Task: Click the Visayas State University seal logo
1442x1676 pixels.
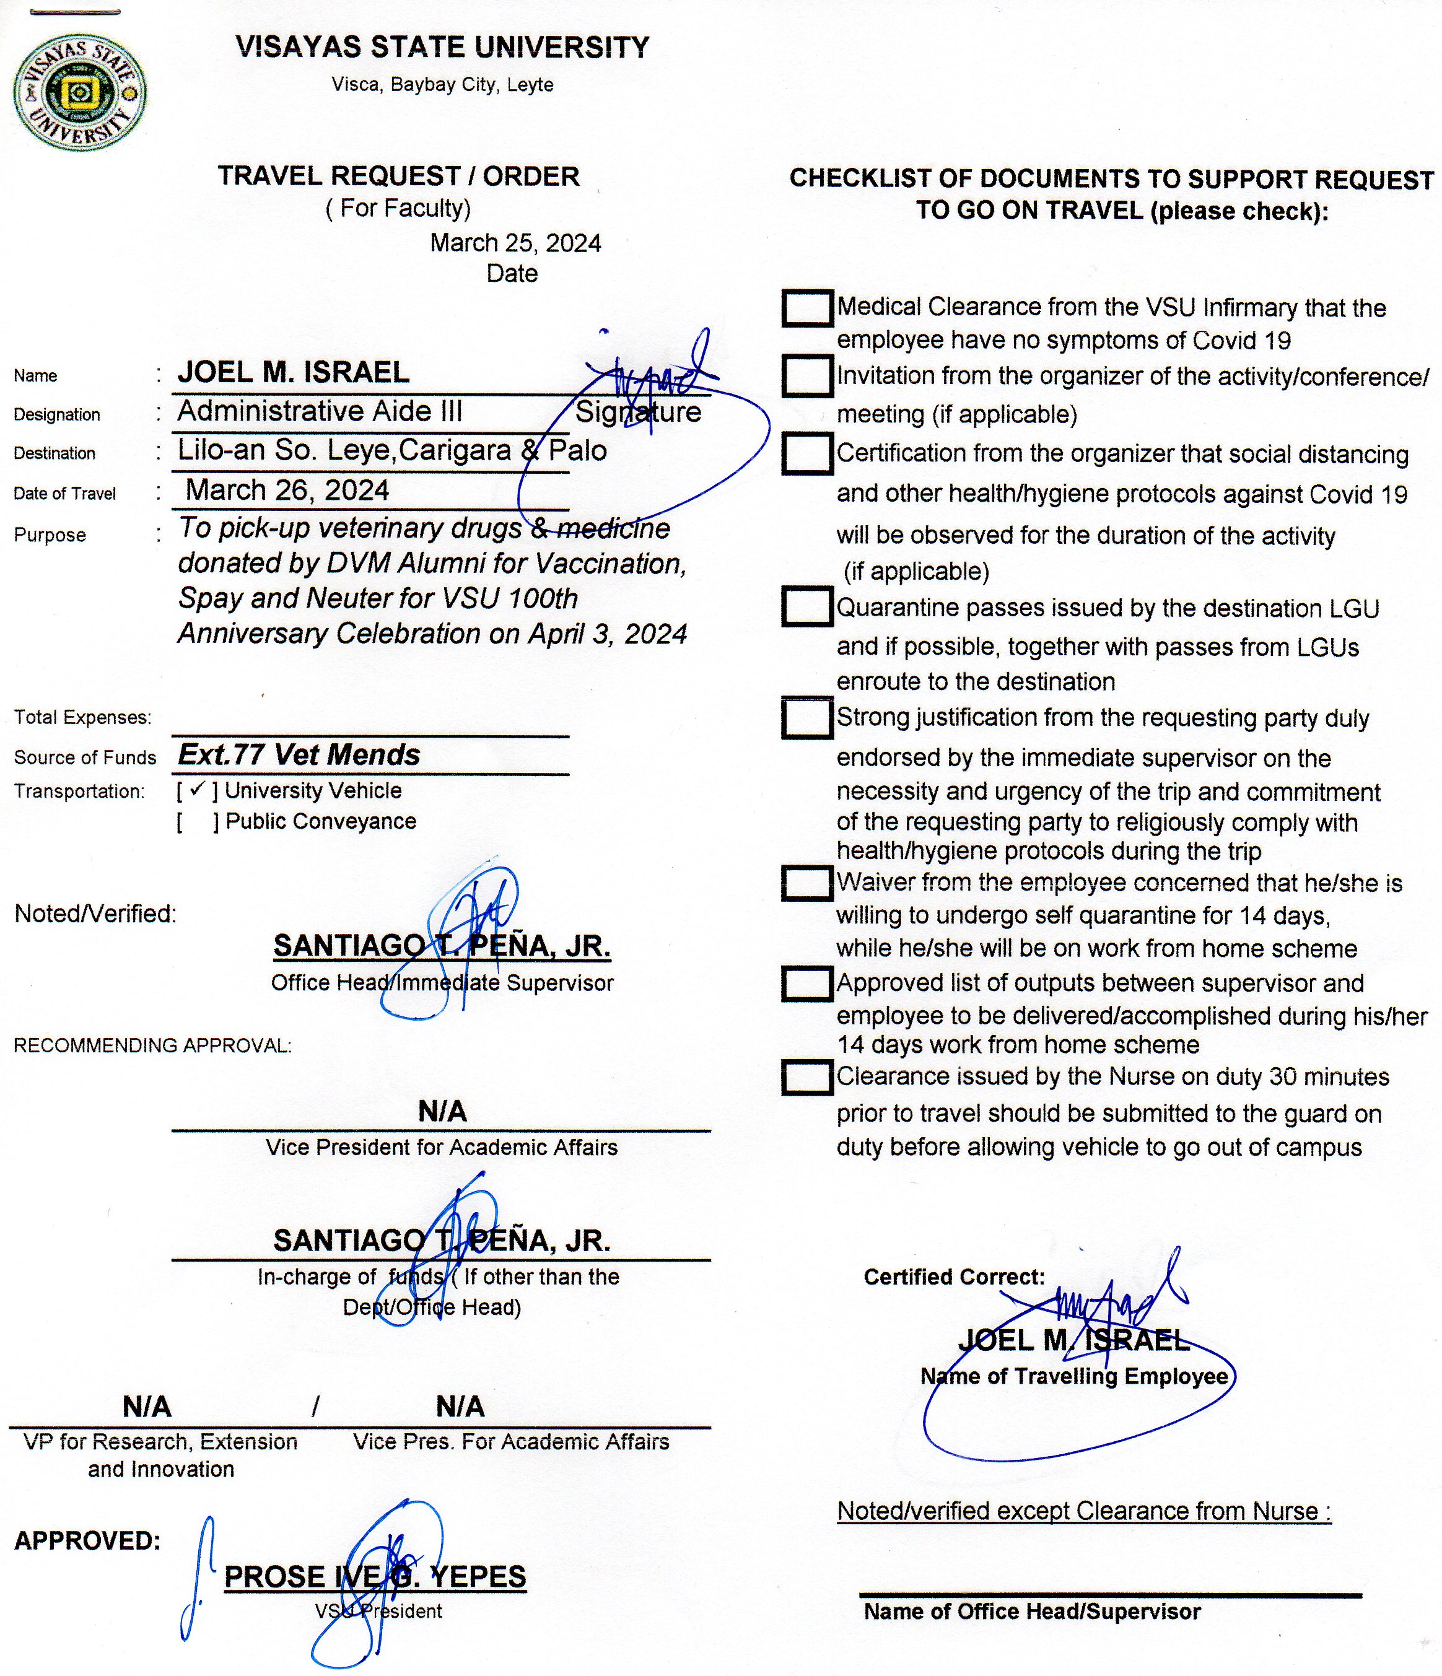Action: tap(79, 95)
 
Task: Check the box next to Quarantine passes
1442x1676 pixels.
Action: tap(806, 606)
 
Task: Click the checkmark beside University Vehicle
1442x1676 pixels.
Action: tap(196, 790)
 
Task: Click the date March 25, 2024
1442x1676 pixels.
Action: tap(515, 243)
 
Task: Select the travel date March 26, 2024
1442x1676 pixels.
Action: tap(287, 490)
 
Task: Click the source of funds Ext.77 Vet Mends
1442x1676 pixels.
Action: tap(299, 754)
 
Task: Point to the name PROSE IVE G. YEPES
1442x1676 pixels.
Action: tap(375, 1576)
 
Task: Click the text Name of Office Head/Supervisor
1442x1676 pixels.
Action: tap(1032, 1612)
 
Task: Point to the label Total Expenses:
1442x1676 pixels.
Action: tap(82, 717)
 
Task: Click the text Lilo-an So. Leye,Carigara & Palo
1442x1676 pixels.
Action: tap(392, 450)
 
